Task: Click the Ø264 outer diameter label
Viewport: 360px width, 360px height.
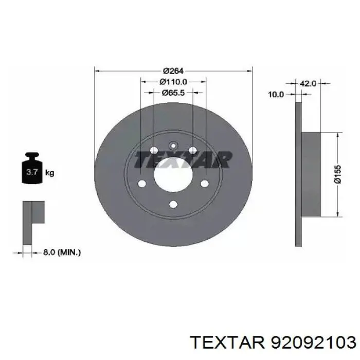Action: click(173, 71)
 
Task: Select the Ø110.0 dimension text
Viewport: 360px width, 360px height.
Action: click(173, 82)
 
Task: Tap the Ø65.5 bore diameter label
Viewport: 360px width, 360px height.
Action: click(173, 93)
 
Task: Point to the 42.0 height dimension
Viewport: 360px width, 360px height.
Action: click(308, 83)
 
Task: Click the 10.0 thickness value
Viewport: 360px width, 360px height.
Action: click(277, 94)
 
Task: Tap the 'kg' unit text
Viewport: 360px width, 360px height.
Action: click(50, 173)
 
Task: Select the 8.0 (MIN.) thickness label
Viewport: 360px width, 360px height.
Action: click(62, 252)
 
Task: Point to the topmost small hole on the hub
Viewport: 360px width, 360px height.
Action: click(173, 145)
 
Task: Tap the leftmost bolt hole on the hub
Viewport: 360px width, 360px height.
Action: click(142, 184)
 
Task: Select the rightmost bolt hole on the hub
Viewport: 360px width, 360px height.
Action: click(204, 184)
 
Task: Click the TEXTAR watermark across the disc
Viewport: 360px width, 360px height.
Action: click(181, 160)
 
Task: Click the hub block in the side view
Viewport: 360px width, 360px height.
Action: click(311, 174)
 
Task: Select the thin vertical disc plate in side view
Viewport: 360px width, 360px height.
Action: click(298, 174)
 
